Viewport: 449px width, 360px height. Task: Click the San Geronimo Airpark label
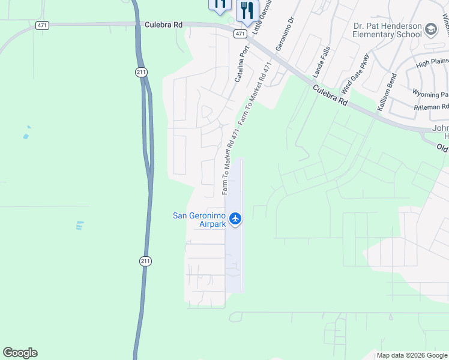point(199,220)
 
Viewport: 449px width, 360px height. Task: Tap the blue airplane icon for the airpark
point(235,219)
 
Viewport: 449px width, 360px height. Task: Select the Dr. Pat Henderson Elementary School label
point(387,30)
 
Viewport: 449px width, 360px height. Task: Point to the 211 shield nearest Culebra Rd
point(140,71)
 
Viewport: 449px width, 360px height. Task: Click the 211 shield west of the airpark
point(145,261)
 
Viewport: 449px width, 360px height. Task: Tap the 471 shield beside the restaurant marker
point(240,34)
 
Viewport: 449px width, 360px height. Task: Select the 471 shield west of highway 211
point(42,25)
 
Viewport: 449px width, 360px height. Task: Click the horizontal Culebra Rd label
point(163,25)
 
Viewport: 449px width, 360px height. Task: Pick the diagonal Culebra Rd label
point(330,95)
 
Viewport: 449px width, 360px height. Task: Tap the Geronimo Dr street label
point(285,34)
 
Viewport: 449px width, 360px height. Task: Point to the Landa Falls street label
point(321,63)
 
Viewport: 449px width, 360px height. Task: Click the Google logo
point(20,353)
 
